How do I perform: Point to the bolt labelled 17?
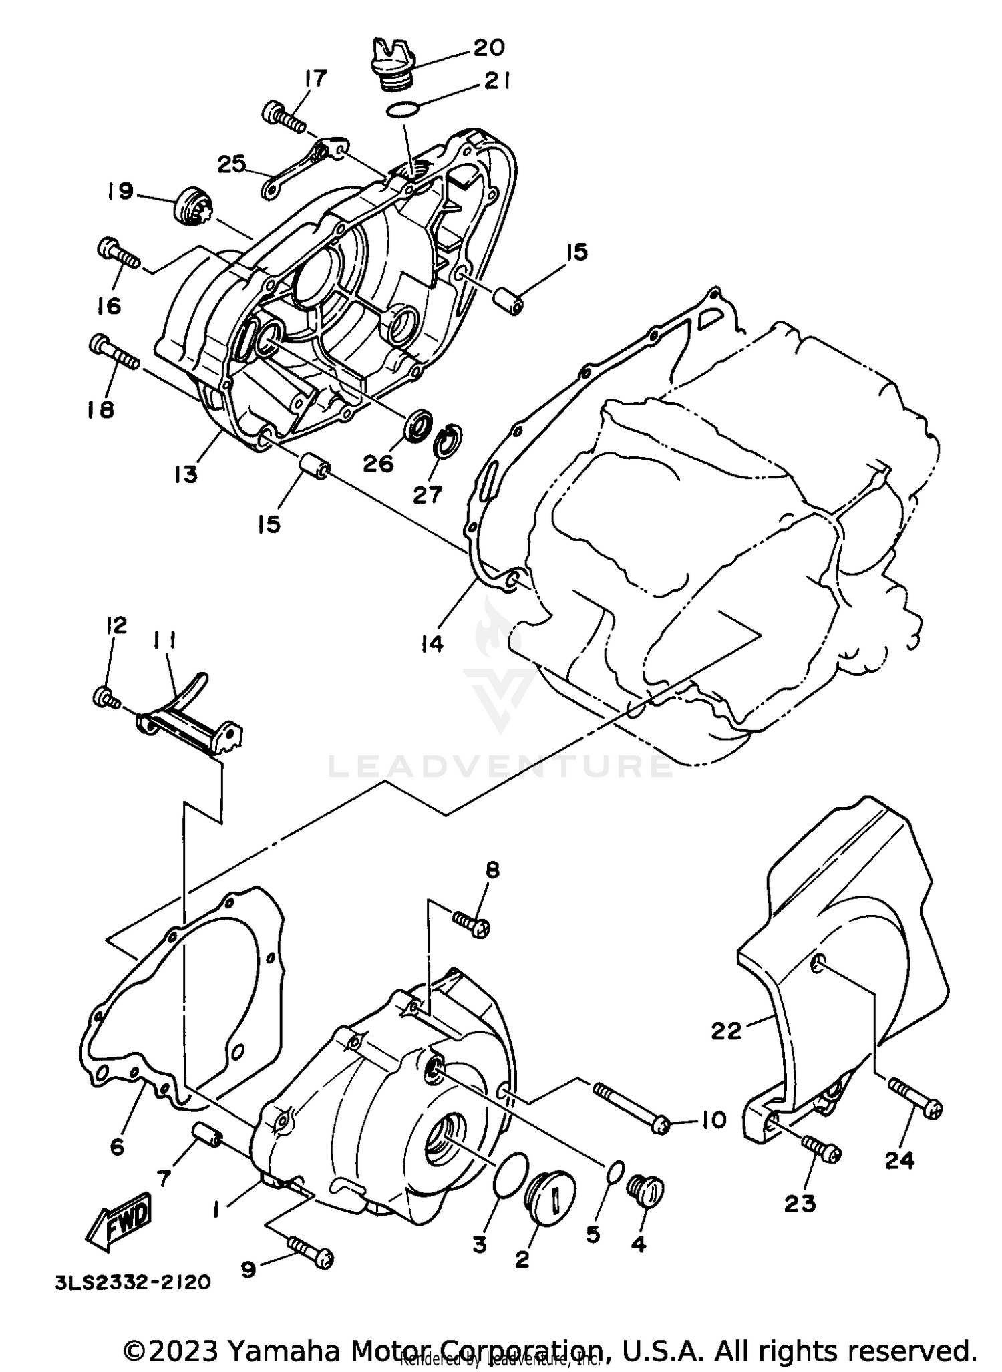285,117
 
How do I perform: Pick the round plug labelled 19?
190,205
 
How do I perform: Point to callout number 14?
432,644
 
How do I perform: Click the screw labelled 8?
472,924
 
